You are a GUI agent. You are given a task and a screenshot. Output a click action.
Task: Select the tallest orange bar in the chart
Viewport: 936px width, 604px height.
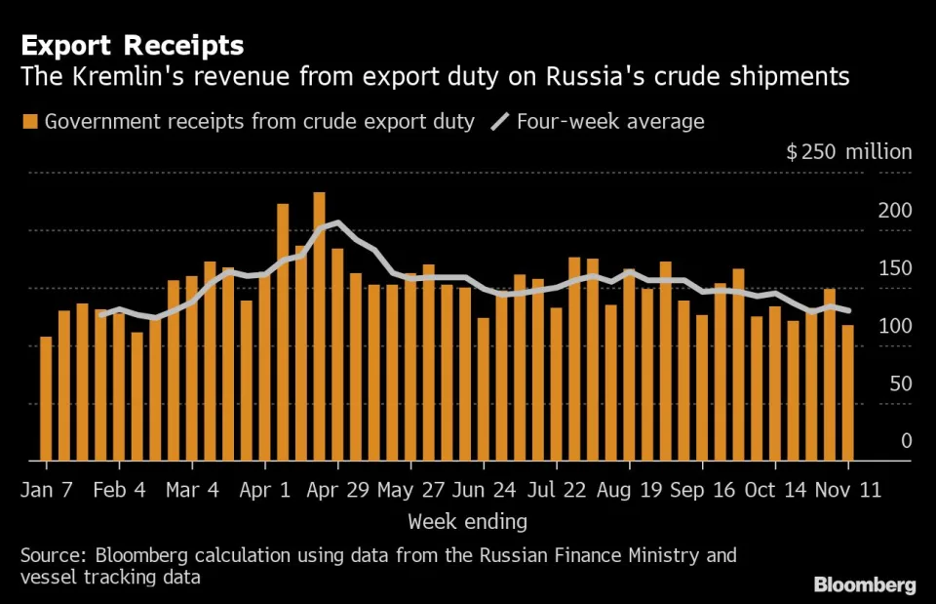(x=319, y=326)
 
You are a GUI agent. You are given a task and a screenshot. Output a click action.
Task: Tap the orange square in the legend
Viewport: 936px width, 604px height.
(x=30, y=122)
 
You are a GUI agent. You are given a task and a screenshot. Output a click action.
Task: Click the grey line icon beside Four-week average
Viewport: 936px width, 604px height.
(x=500, y=122)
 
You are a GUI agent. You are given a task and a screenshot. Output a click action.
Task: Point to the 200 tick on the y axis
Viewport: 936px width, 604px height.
(x=894, y=212)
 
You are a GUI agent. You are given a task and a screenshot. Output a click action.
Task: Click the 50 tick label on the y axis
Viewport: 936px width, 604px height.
(x=900, y=383)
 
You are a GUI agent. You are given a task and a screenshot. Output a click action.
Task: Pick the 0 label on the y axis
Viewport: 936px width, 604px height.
(x=906, y=441)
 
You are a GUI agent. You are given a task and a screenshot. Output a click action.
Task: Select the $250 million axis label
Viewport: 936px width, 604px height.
(x=848, y=152)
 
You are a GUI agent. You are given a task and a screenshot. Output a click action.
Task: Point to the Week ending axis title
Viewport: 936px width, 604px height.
(x=468, y=521)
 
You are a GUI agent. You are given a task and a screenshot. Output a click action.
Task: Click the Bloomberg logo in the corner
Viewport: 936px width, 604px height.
(x=865, y=584)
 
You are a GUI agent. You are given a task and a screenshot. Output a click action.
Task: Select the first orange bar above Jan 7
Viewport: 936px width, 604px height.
(x=46, y=398)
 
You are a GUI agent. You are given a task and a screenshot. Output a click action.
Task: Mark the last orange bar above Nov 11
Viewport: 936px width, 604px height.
(x=848, y=392)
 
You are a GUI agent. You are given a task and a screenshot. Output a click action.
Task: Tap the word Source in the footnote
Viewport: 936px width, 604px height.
(x=52, y=556)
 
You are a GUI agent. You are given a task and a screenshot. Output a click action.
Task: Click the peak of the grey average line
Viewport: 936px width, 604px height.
(x=337, y=222)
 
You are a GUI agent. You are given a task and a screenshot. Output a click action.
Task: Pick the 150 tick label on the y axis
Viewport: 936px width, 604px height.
(x=894, y=269)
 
